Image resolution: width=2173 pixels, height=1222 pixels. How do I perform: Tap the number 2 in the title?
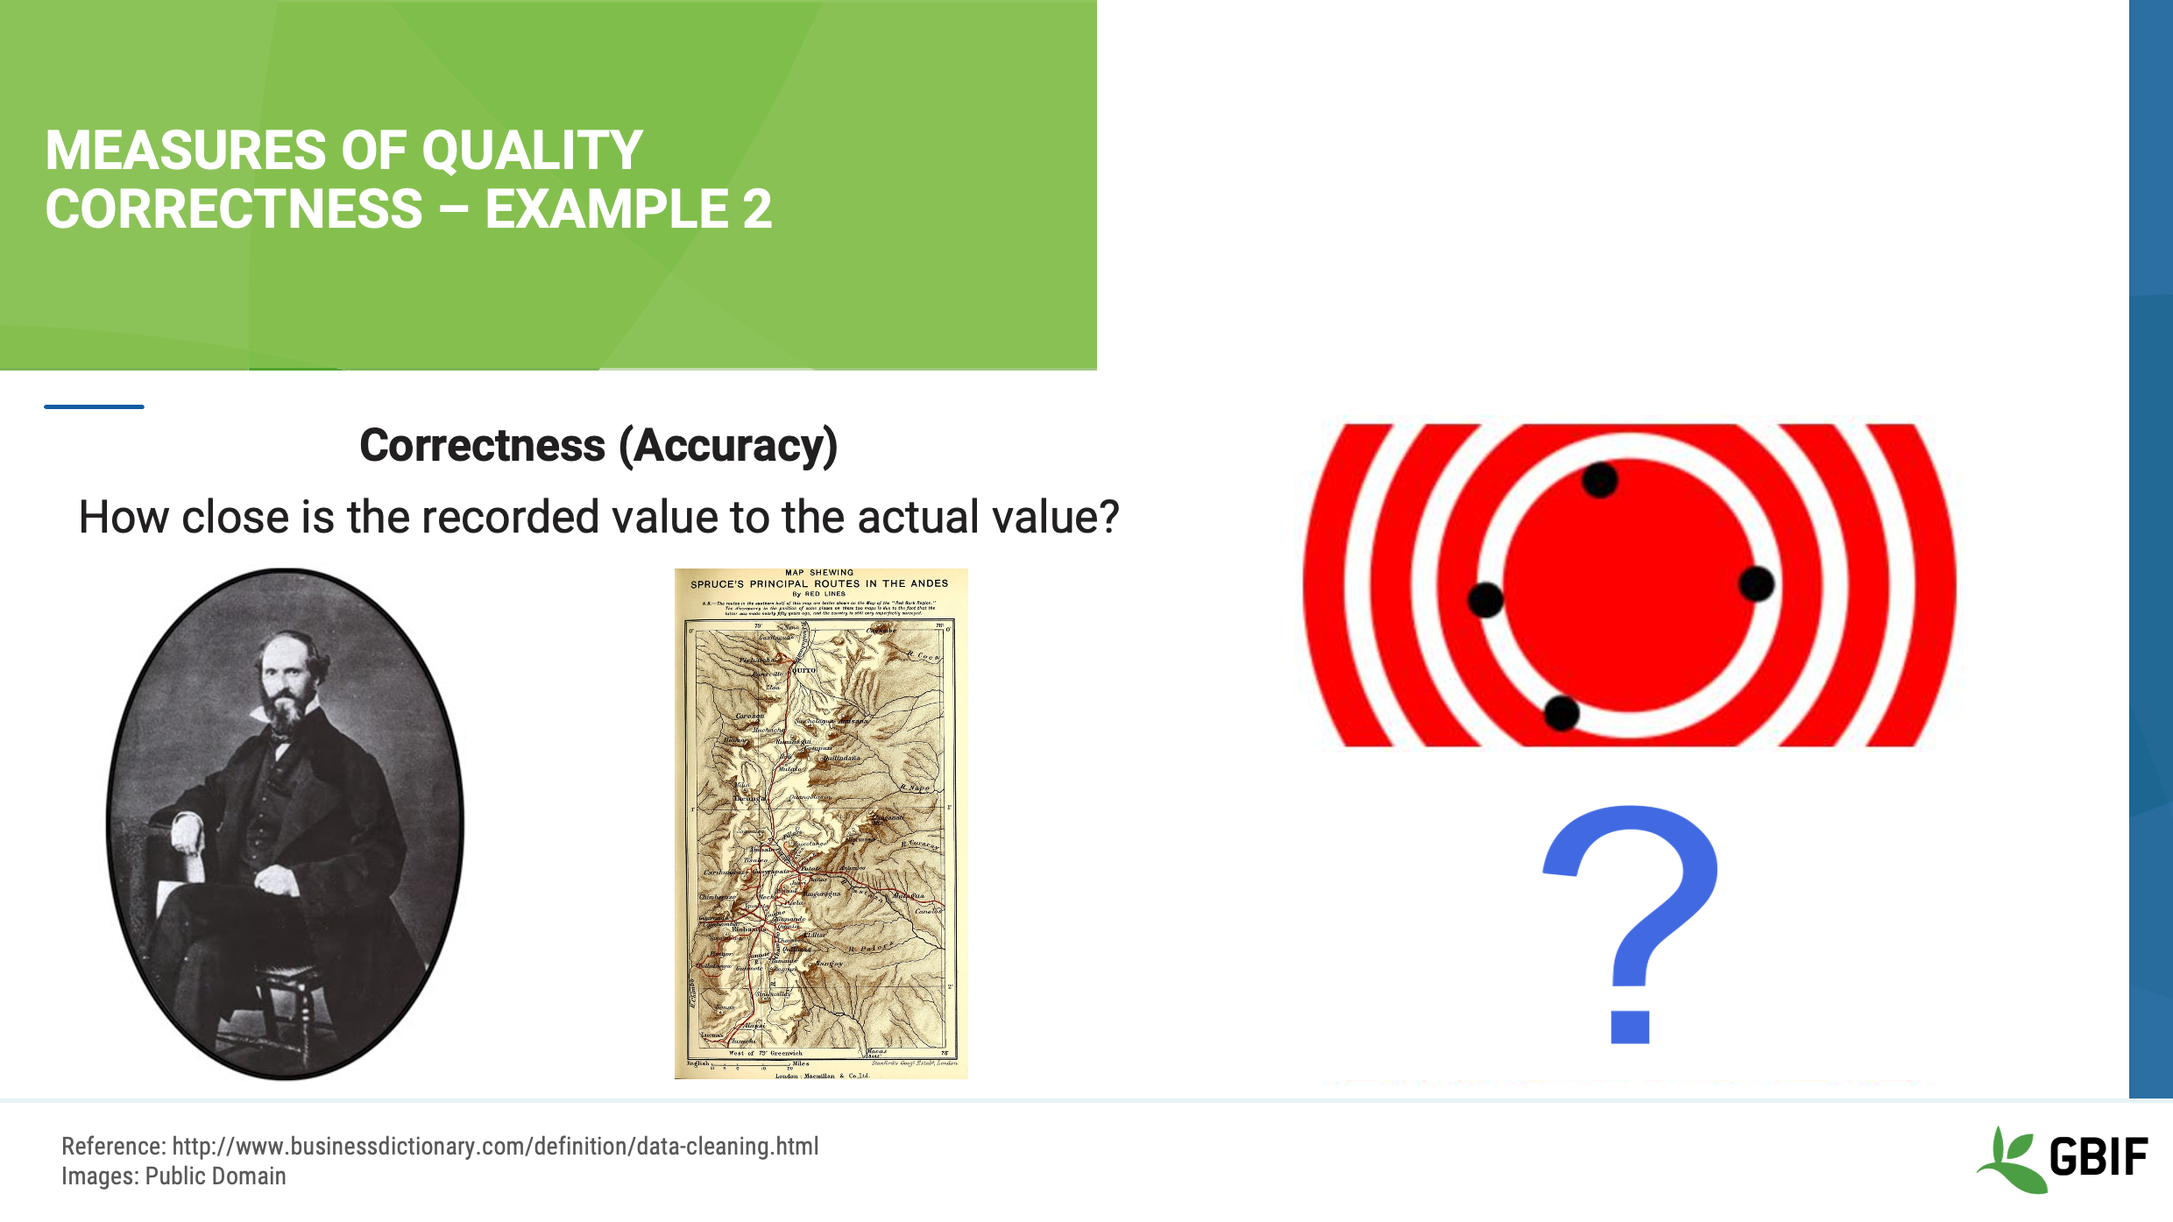(757, 210)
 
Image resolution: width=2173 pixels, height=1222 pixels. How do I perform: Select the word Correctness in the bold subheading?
(482, 446)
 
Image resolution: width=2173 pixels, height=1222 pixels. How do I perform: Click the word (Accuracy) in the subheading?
(728, 446)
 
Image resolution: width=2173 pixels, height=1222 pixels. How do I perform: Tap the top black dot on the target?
(1600, 480)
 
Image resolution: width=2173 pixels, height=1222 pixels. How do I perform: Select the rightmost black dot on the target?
(1757, 583)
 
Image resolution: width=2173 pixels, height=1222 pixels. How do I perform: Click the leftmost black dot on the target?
(1485, 600)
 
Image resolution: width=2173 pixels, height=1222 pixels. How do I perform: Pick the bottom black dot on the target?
(1561, 713)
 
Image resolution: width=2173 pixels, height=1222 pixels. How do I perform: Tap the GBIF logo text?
(2099, 1157)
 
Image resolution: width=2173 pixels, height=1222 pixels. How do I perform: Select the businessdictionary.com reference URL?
(495, 1147)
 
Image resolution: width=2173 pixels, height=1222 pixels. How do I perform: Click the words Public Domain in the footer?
(216, 1176)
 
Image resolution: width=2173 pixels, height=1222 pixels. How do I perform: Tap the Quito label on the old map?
(803, 670)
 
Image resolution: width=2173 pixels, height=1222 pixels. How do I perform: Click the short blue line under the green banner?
(94, 406)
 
